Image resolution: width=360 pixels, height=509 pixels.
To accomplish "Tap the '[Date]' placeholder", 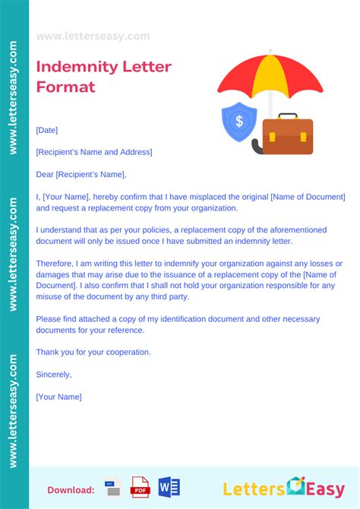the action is pos(46,131).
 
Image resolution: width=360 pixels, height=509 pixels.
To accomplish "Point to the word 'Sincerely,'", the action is pos(54,374).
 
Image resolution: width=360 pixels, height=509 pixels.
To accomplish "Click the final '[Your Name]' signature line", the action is pos(58,397).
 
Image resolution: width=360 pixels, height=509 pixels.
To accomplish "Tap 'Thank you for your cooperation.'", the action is pos(93,352).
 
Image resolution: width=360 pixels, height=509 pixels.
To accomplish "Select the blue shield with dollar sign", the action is pos(238,122).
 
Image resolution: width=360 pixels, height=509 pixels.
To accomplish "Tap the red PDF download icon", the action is pos(141,486).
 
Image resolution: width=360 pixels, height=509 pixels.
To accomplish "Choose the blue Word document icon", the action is pos(168,486).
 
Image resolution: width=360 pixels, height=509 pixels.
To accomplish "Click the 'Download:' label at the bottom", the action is pos(71,490).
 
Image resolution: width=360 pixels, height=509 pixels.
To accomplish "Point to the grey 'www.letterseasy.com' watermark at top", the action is pos(93,36).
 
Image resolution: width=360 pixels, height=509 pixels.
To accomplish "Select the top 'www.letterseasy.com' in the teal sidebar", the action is pos(13,99).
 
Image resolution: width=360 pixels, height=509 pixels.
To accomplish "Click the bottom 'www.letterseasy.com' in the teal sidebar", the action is pos(13,410).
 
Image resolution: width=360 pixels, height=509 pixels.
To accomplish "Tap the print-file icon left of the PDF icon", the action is pos(113,487).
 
